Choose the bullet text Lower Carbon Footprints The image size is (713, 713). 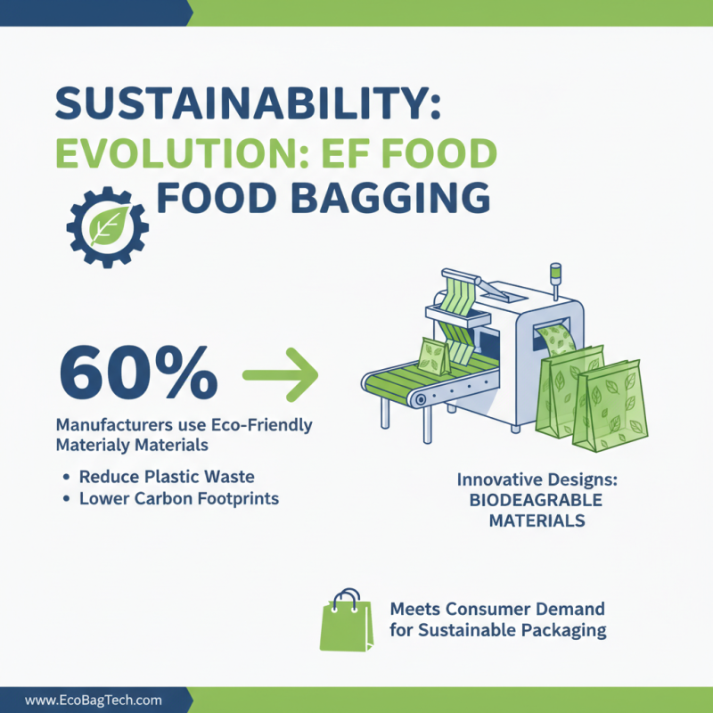[179, 499]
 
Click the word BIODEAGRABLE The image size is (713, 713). [537, 500]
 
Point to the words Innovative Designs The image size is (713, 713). [537, 479]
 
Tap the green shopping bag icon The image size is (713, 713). [346, 618]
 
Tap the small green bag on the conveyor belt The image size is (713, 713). [434, 356]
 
